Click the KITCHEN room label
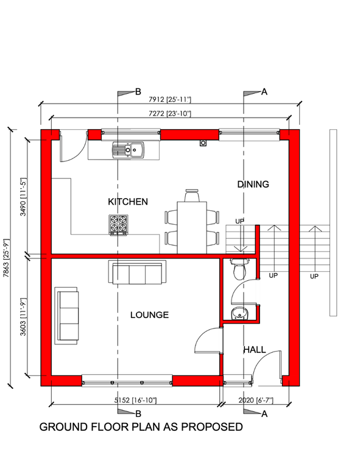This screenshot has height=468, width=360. tap(127, 202)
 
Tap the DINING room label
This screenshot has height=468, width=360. tap(253, 184)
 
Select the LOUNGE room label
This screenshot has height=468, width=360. tap(149, 315)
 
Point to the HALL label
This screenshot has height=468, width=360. tap(254, 350)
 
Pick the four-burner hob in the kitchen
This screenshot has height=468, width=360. tap(119, 225)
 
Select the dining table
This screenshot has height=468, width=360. tap(191, 226)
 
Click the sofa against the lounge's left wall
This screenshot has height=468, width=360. tap(67, 316)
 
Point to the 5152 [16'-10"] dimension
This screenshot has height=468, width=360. tap(136, 400)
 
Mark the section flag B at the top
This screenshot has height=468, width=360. tap(127, 92)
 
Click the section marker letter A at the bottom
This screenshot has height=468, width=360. tap(264, 414)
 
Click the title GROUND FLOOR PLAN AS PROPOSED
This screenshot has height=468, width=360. tap(141, 427)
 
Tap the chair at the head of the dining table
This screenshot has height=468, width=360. tap(192, 194)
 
